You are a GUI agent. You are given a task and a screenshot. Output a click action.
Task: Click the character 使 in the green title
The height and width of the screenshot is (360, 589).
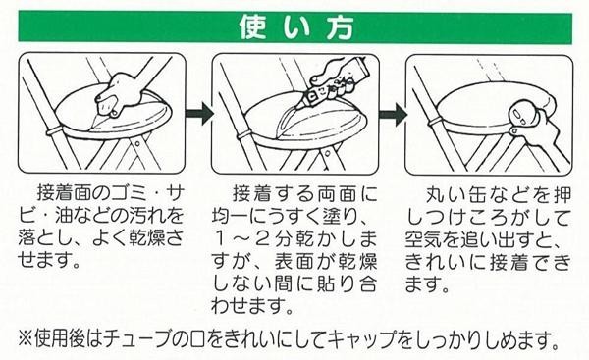tap(253, 27)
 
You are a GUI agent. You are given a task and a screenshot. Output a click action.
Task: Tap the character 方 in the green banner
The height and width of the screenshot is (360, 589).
tap(339, 27)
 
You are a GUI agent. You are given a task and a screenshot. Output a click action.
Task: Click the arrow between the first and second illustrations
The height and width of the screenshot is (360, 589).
tap(199, 113)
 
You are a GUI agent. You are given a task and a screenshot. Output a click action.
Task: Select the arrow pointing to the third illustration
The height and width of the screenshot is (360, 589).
tap(393, 113)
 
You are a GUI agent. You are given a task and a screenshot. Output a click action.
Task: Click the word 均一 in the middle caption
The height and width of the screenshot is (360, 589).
tap(231, 216)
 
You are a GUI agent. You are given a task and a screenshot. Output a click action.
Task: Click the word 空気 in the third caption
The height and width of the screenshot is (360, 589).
tap(425, 238)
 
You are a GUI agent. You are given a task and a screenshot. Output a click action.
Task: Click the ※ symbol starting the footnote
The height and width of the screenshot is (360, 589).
tap(26, 338)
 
